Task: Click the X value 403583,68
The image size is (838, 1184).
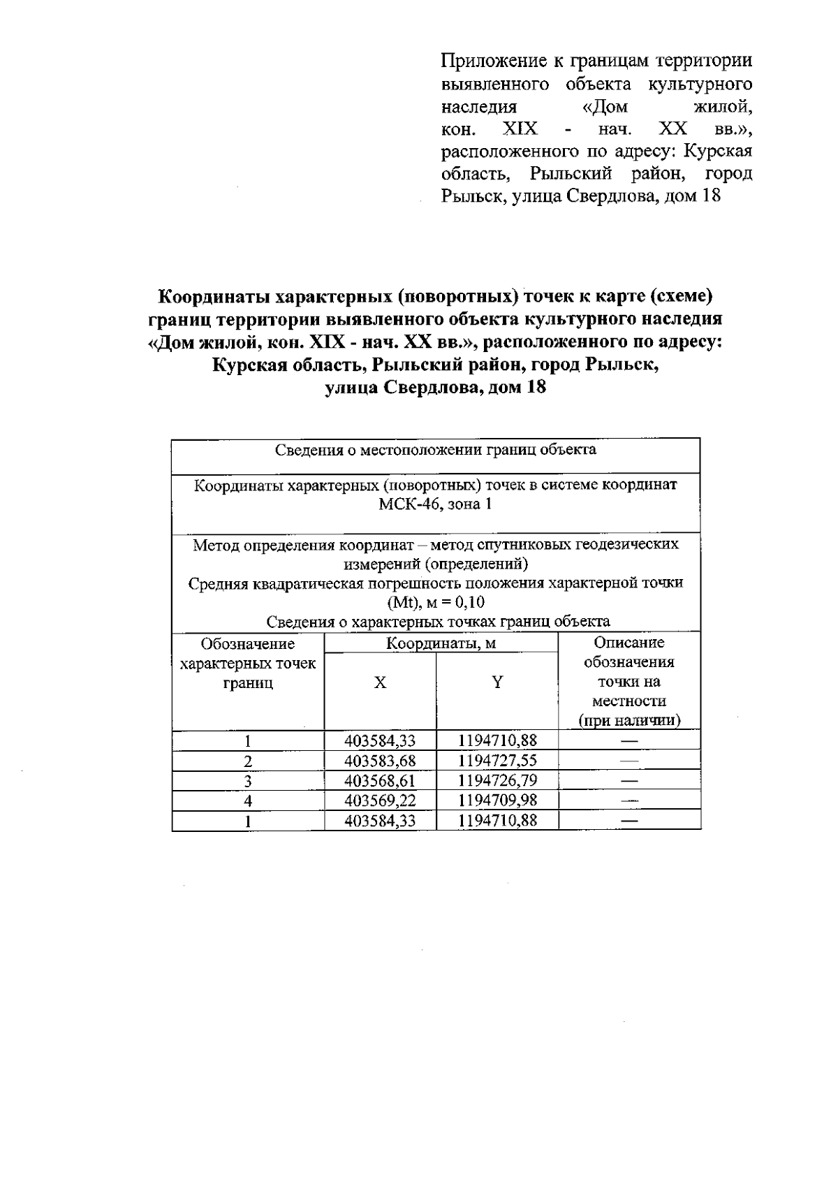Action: tap(380, 761)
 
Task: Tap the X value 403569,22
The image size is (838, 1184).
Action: tap(380, 801)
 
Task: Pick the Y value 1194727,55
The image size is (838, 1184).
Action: tap(497, 761)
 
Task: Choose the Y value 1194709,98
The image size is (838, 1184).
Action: tap(497, 801)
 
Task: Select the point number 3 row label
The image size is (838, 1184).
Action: tap(248, 781)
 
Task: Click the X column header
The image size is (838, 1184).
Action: tap(380, 682)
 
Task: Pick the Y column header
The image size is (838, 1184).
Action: tap(497, 682)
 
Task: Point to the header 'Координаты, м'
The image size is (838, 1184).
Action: tap(441, 643)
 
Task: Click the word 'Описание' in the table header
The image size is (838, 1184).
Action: tap(628, 643)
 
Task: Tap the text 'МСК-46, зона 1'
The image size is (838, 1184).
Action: tap(435, 504)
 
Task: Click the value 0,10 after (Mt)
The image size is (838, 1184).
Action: tap(467, 602)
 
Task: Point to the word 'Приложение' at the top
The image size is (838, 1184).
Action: tap(490, 61)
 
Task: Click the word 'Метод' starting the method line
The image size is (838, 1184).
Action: tap(215, 544)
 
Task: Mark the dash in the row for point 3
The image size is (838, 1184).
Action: tap(629, 780)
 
